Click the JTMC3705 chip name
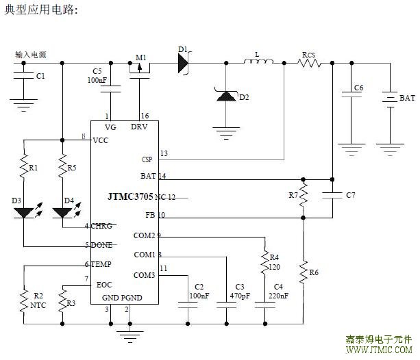click(130, 196)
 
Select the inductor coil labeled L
click(258, 63)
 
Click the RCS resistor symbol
click(310, 63)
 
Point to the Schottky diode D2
click(225, 97)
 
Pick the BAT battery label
click(407, 99)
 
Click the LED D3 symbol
click(25, 212)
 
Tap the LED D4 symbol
click(62, 212)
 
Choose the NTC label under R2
click(38, 307)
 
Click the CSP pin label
click(147, 159)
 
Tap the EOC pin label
click(104, 285)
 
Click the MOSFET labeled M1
click(140, 66)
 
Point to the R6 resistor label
click(314, 272)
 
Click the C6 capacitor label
click(358, 88)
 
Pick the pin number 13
click(163, 153)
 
